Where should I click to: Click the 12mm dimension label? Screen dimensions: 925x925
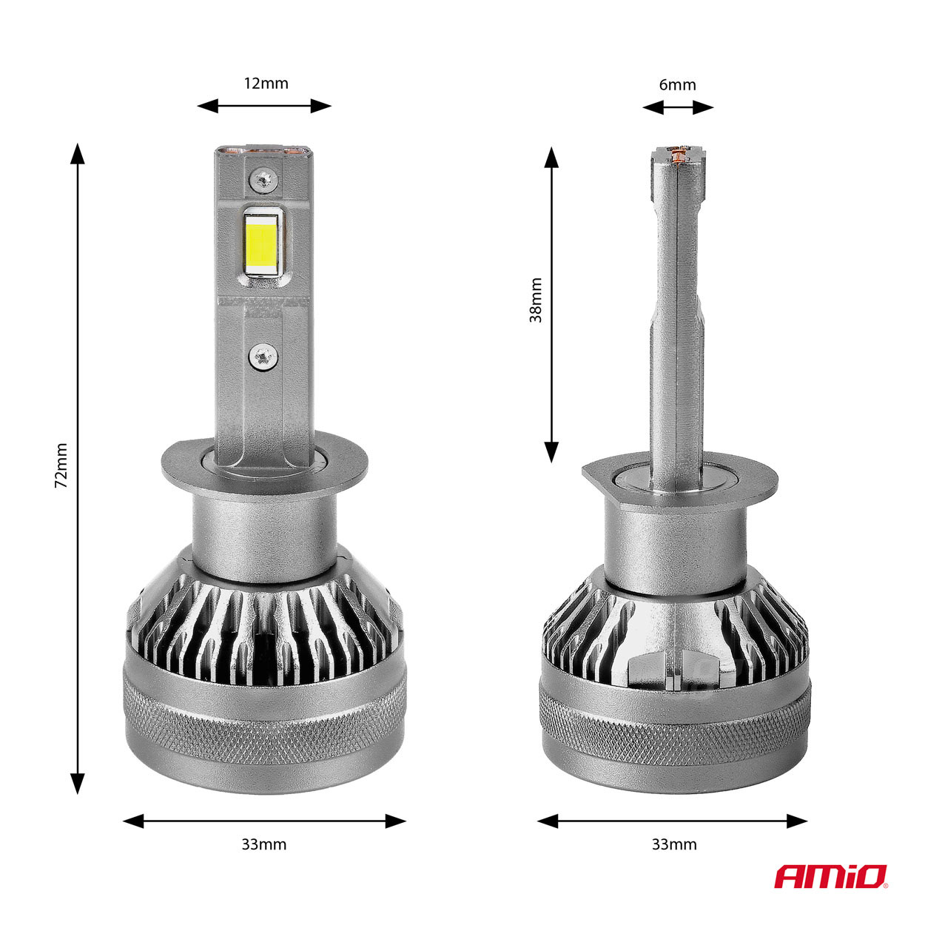click(266, 83)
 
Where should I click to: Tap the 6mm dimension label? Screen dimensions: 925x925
click(677, 84)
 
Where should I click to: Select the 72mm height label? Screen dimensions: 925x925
click(61, 465)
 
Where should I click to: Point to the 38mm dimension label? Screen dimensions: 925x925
click(536, 300)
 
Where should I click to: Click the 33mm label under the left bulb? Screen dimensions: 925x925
click(263, 844)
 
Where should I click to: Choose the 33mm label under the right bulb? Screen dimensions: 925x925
click(673, 844)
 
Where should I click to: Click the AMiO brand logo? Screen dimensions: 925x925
click(831, 877)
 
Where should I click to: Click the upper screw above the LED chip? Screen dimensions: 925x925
click(263, 178)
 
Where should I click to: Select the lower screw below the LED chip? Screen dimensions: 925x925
click(263, 356)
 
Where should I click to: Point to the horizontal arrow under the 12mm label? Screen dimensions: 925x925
click(264, 106)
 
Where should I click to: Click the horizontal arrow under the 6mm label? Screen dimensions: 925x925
click(678, 107)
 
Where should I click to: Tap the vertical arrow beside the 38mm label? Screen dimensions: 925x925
click(551, 303)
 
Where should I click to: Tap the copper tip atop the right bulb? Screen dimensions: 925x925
click(678, 155)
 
